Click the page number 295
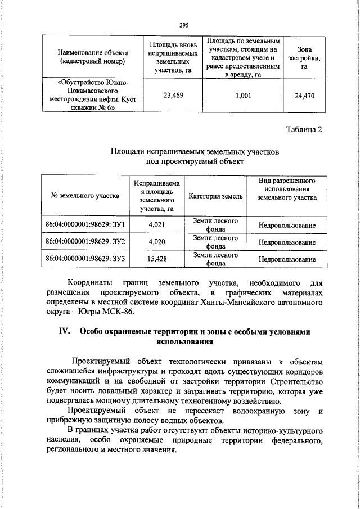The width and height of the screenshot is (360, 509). point(183,25)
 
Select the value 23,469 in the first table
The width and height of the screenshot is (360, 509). point(173,96)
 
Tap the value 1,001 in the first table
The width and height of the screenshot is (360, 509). point(242,96)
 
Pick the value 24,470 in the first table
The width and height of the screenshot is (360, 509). point(304,96)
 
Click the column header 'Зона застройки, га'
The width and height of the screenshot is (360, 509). point(304,58)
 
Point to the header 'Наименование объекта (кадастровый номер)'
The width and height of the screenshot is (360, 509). point(92,57)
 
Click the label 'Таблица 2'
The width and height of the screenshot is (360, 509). point(303,130)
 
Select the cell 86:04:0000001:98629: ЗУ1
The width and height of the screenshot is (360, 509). point(85,226)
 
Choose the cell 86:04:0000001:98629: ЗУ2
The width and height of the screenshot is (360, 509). point(85,242)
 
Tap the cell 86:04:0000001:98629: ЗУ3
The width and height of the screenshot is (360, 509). point(85,259)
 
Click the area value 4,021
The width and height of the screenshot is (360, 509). point(156,226)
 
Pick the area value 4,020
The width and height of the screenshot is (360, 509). point(156,242)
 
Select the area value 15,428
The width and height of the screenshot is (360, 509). point(156,259)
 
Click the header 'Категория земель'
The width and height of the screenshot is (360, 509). point(215,196)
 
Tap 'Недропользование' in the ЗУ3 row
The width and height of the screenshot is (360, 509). point(287,259)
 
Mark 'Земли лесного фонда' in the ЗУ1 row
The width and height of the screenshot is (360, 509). point(215,225)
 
